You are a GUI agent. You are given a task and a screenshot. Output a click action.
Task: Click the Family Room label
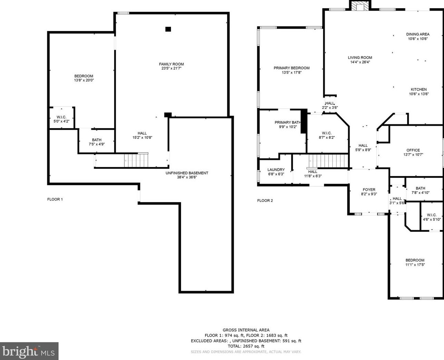171,64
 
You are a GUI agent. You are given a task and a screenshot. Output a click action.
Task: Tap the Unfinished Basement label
187,173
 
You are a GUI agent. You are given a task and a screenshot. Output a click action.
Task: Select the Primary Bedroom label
291,68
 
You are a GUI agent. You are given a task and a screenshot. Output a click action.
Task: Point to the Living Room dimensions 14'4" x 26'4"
360,62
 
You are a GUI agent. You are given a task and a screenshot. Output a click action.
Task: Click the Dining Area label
418,34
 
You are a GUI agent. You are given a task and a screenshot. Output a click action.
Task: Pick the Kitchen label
418,89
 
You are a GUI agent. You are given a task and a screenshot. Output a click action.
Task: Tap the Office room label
413,150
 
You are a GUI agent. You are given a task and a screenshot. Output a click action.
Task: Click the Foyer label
369,189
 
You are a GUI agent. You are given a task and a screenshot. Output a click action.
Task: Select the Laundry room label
276,169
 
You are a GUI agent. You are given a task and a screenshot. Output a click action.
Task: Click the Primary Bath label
287,122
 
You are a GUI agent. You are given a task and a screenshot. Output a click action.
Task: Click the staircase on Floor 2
329,161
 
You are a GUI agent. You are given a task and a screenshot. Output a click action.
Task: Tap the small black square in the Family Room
168,29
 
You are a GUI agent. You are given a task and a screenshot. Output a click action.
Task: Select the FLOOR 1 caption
55,199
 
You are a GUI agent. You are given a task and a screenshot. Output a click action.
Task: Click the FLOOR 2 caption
265,200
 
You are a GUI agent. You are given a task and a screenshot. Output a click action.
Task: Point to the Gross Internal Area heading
246,330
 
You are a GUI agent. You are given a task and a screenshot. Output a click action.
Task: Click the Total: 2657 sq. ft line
246,346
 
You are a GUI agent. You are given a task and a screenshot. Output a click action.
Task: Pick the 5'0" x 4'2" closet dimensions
61,121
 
